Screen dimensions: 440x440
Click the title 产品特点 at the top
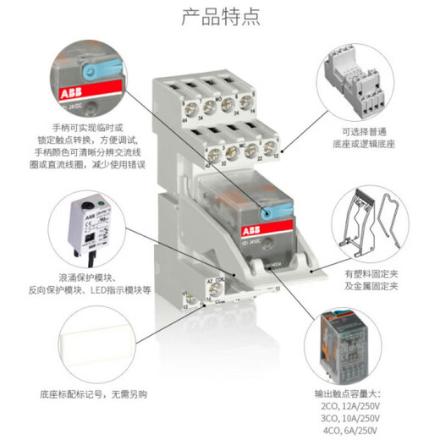[x=219, y=16]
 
